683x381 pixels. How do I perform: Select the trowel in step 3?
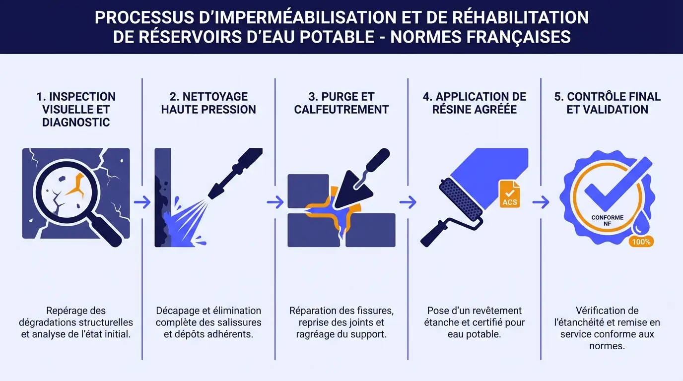pyautogui.click(x=360, y=184)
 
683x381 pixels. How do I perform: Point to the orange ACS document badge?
pyautogui.click(x=510, y=194)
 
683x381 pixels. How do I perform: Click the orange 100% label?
pyautogui.click(x=641, y=242)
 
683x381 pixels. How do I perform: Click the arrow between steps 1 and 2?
pyautogui.click(x=142, y=202)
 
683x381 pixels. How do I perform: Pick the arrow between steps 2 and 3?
pyautogui.click(x=275, y=202)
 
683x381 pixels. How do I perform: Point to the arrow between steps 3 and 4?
pyautogui.click(x=408, y=202)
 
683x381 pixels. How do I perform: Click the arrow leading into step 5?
pyautogui.click(x=541, y=202)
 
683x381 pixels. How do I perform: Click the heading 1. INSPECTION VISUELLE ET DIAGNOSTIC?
pyautogui.click(x=76, y=109)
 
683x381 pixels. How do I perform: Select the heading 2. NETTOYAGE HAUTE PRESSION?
pyautogui.click(x=208, y=103)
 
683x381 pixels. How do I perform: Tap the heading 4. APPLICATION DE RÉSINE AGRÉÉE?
pyautogui.click(x=475, y=103)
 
